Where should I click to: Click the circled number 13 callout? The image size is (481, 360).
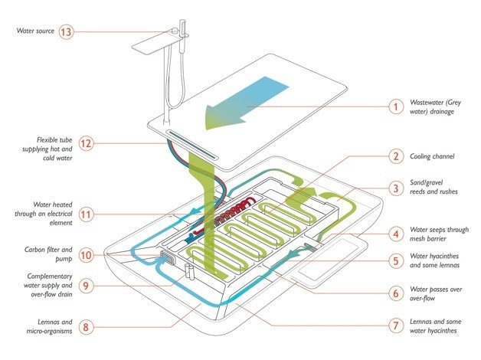tap(87, 33)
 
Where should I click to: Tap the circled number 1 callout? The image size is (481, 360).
tap(395, 107)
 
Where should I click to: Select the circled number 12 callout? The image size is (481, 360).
tap(87, 143)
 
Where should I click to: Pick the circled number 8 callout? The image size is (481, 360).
tap(87, 329)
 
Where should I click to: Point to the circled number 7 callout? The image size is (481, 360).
tap(395, 325)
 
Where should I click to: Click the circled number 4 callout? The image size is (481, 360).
tap(395, 233)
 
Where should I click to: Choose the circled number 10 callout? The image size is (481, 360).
tap(87, 254)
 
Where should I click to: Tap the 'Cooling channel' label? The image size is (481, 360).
tap(434, 156)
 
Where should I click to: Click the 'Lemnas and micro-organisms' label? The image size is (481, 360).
tap(43, 328)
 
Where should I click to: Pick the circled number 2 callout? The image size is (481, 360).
tap(395, 157)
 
